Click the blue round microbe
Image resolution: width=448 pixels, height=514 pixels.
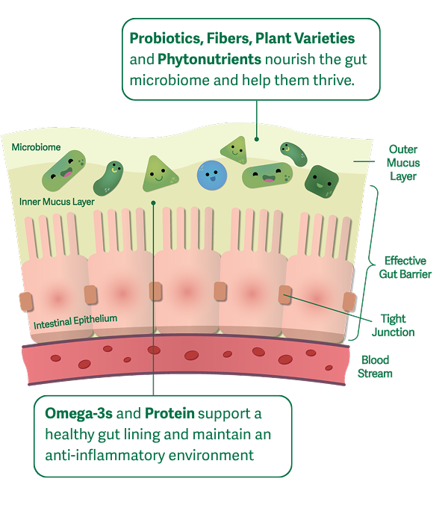(x=212, y=176)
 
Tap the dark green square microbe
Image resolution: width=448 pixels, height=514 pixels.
(x=322, y=182)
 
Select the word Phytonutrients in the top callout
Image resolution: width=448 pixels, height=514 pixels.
(x=209, y=59)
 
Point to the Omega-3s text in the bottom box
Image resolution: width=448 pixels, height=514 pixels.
(x=78, y=413)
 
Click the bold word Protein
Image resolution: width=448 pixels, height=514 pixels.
(x=169, y=413)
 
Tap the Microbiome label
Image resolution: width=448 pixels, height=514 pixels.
(x=36, y=147)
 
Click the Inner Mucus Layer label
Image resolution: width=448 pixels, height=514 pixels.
(x=57, y=202)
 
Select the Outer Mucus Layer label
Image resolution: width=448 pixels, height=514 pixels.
(x=403, y=163)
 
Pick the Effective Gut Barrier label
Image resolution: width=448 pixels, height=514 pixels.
(x=405, y=267)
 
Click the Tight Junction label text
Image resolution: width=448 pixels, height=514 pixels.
(x=393, y=325)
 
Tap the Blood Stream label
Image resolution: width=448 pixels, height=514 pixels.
(x=375, y=367)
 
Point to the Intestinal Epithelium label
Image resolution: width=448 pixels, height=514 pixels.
(x=75, y=321)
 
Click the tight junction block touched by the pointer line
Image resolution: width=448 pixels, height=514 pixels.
(x=284, y=294)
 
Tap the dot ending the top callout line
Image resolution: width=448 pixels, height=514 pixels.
(x=257, y=139)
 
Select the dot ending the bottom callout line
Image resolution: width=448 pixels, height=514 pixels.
(x=153, y=203)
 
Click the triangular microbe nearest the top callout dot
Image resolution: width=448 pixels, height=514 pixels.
(x=234, y=150)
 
